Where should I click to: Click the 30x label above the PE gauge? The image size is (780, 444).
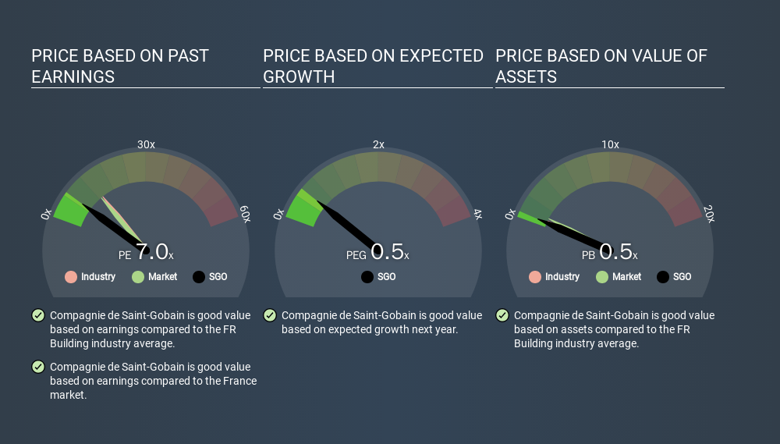(x=146, y=144)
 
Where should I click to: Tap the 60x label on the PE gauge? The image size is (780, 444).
(x=245, y=214)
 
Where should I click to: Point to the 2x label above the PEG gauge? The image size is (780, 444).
(x=378, y=144)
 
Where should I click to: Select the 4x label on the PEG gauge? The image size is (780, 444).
(x=477, y=214)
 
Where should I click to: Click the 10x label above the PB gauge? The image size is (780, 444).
(x=611, y=144)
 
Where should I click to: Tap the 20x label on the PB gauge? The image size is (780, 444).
(x=709, y=214)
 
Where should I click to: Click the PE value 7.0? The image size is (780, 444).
(x=152, y=251)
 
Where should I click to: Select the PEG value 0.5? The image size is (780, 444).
(x=387, y=251)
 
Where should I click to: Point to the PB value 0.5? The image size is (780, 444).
(x=615, y=251)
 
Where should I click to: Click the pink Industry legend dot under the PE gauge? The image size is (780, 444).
(x=71, y=277)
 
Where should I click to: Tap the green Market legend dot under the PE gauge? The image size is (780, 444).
(x=138, y=277)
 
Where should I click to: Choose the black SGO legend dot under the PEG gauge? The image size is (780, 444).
(x=367, y=277)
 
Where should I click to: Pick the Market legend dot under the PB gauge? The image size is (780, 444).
(x=602, y=277)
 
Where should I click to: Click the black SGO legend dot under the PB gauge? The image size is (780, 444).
(x=662, y=277)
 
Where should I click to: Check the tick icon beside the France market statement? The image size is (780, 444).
(x=38, y=367)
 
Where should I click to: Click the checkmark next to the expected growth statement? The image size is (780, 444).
(x=270, y=315)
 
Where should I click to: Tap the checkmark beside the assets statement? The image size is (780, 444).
(x=502, y=315)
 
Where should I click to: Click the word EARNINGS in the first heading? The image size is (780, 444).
(x=73, y=76)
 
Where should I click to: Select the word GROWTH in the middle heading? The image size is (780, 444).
(x=299, y=76)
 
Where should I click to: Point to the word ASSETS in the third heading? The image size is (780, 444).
(x=526, y=76)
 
